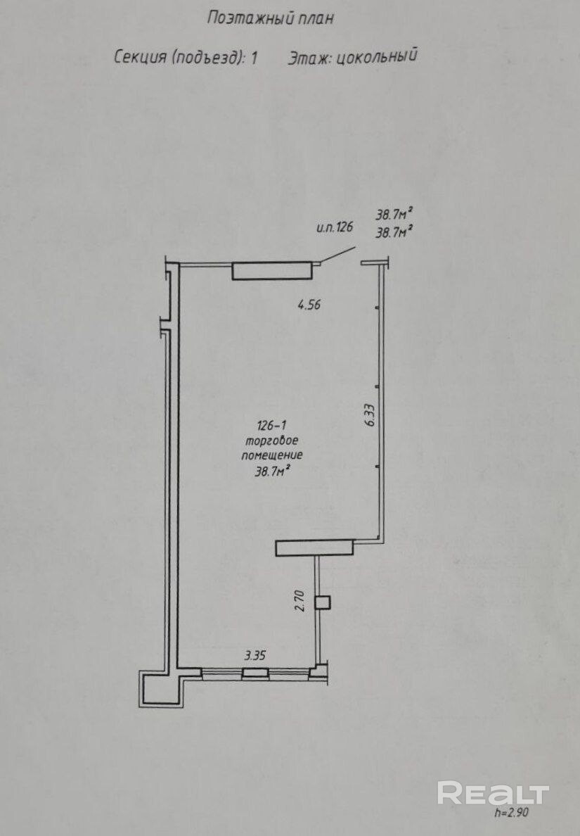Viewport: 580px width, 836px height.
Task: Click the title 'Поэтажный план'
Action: (270, 19)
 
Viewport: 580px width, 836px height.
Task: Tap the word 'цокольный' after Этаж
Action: (377, 56)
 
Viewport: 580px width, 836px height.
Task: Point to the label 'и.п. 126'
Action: (335, 228)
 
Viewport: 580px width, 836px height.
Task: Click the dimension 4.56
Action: (309, 305)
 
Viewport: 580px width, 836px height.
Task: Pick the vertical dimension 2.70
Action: (299, 600)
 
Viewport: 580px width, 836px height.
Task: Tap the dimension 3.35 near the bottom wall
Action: (254, 654)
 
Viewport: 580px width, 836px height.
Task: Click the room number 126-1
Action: (271, 426)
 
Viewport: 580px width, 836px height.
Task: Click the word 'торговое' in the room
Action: (271, 441)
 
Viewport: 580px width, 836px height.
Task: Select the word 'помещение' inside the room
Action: (271, 455)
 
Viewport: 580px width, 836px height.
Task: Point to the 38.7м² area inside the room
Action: (272, 471)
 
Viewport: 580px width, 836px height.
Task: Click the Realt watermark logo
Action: (493, 793)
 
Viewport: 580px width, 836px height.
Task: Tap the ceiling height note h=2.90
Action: (512, 813)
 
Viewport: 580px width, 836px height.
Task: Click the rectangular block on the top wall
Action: (271, 271)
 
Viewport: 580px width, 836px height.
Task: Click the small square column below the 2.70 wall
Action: (322, 603)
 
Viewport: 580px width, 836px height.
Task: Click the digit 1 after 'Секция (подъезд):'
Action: (254, 57)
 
